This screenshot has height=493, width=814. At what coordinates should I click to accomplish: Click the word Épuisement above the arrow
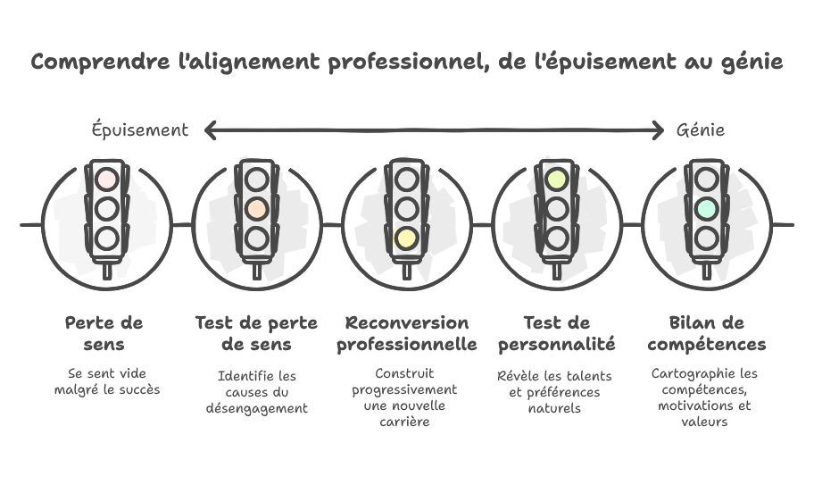(x=140, y=130)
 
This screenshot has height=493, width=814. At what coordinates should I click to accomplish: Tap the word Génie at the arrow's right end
(x=700, y=130)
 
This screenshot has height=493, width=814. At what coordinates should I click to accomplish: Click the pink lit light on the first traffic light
(x=107, y=179)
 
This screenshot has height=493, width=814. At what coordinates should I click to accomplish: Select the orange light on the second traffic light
(x=256, y=209)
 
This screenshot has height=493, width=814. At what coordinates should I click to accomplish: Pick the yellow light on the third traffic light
(x=406, y=238)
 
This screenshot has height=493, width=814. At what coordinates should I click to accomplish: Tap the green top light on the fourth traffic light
(x=556, y=179)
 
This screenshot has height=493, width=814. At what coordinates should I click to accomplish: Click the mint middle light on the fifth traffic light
(x=706, y=209)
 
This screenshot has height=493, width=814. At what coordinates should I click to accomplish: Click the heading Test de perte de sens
(x=256, y=333)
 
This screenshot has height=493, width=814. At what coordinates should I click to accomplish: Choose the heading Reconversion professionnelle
(x=406, y=333)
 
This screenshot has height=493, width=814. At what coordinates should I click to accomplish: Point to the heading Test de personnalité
(x=556, y=333)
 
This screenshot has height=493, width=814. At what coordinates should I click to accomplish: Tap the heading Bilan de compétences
(x=706, y=333)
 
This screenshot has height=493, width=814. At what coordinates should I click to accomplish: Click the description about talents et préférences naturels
(x=556, y=392)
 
